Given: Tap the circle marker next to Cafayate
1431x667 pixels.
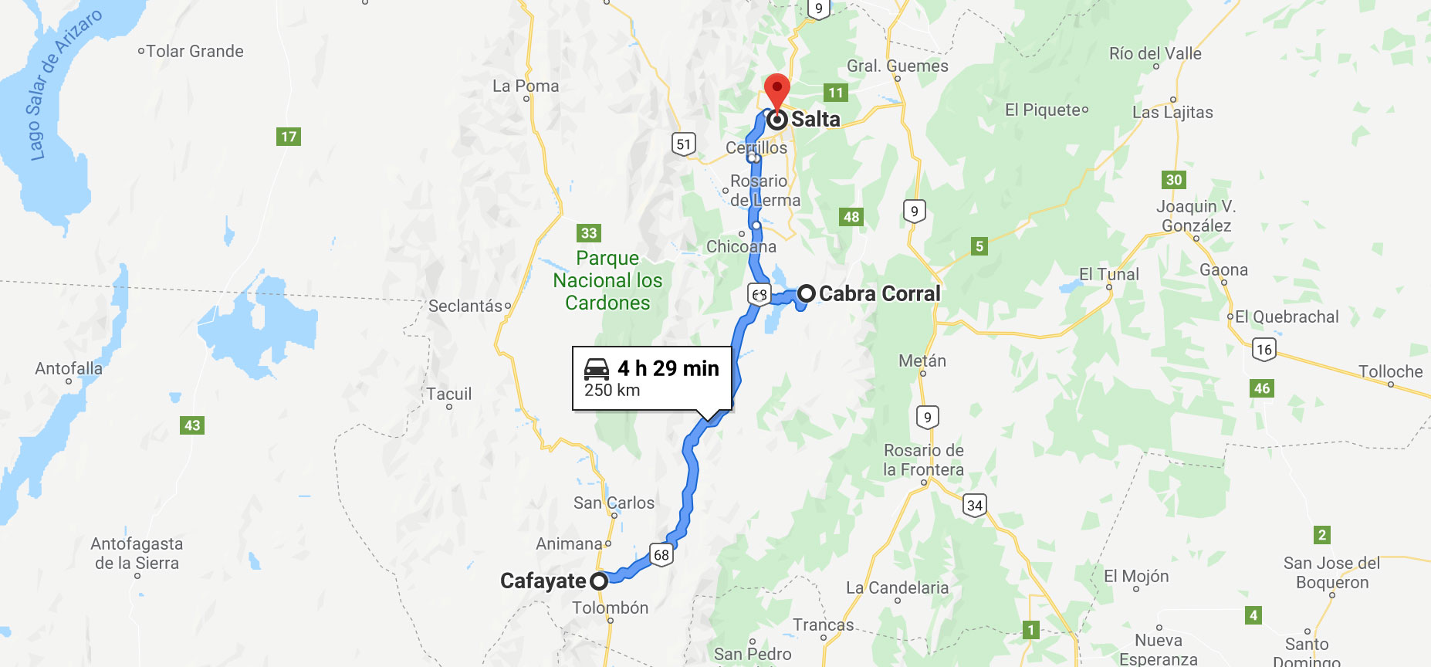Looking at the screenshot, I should point(599,581).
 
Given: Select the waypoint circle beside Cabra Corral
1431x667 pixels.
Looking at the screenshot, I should point(807,293).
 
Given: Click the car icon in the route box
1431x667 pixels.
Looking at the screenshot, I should point(597,368).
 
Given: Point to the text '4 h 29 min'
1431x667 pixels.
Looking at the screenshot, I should point(668,368).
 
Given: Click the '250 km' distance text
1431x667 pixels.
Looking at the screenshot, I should point(612,391).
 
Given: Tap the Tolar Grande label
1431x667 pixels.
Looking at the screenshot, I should point(195,52).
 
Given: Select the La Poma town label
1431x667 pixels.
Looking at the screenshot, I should point(526,86).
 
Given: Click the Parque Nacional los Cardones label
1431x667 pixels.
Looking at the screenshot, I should point(607,280).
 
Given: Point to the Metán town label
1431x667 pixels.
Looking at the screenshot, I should point(922,361).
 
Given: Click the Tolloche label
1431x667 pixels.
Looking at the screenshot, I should point(1390,371).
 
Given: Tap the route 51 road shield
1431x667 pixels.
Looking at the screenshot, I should point(683,144).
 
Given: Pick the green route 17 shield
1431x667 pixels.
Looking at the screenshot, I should point(288,137).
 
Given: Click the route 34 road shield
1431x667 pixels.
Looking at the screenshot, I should point(975,506).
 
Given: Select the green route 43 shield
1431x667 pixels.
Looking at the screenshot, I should point(192,425).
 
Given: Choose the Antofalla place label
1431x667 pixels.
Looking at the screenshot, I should point(69,369).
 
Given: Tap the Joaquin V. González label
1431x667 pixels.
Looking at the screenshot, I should point(1196,216).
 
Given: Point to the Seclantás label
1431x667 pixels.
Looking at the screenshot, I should point(465,306).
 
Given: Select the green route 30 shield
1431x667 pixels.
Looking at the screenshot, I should point(1174,180).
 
